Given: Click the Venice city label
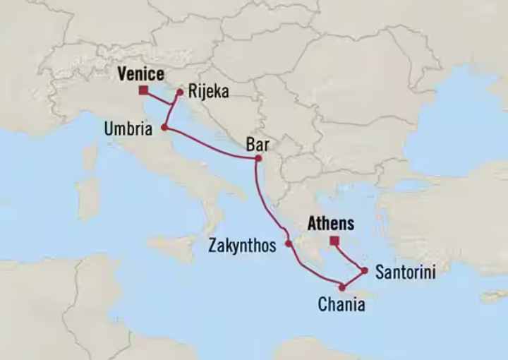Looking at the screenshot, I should point(141,74).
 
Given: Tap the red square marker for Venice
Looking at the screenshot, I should point(143,90).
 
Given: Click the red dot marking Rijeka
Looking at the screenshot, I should point(181,91).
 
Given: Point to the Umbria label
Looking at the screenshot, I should point(127,130).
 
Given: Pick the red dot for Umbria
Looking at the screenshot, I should point(164,128).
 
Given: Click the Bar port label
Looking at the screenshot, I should point(258,145).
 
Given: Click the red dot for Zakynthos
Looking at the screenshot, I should point(289,244).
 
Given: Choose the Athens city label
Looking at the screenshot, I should point(330,224).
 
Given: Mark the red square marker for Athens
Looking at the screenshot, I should point(334,241).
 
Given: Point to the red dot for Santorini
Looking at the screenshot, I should point(364,270).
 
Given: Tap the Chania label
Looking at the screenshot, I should point(341,305).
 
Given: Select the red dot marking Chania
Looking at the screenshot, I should point(342,287).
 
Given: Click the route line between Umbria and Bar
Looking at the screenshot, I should point(212,144).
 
